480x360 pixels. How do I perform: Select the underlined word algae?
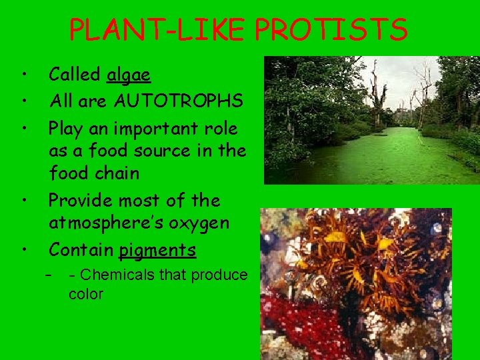(129, 75)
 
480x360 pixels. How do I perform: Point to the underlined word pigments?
(157, 250)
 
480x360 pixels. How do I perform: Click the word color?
(85, 294)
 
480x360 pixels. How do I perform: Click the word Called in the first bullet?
(75, 75)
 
